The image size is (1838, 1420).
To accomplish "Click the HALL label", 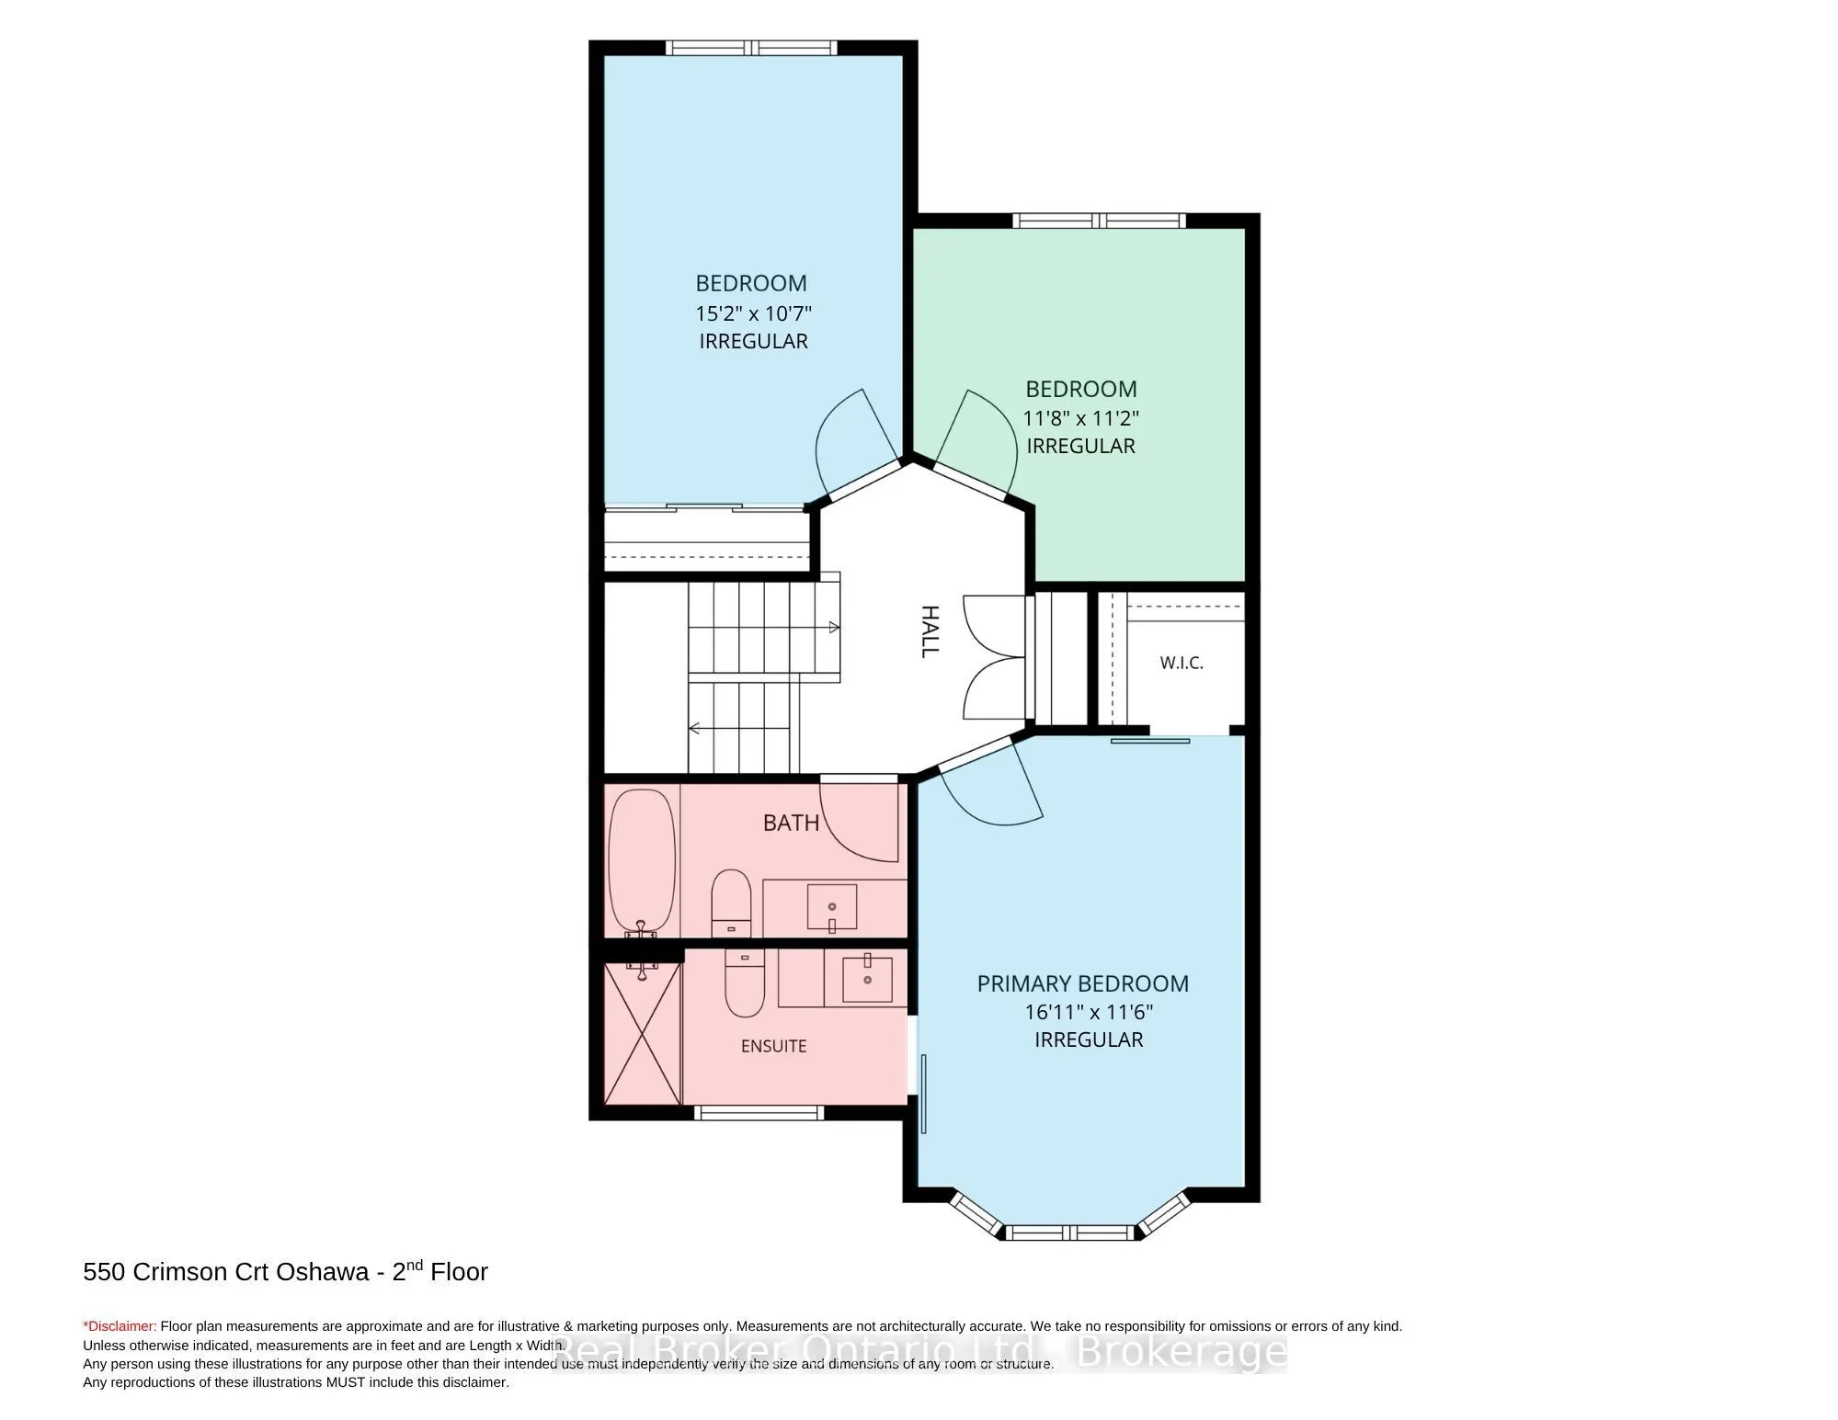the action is [930, 631].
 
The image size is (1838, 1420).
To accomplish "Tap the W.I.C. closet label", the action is [1182, 663].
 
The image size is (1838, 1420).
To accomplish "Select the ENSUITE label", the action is [774, 1046].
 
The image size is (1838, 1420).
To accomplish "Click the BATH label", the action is [791, 822].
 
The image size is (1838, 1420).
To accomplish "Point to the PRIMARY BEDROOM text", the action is [1083, 983].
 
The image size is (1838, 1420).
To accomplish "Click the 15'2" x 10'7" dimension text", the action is [753, 312].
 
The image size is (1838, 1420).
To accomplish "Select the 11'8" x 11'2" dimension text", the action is [1081, 418].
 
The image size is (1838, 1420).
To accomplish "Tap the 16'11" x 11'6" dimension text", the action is [1090, 1012].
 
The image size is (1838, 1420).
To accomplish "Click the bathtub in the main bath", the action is [642, 862].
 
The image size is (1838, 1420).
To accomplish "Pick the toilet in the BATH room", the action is [732, 901].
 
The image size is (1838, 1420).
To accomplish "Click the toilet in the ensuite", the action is [745, 983].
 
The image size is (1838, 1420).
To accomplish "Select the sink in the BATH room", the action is [832, 908].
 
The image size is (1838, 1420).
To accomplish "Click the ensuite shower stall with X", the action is [643, 1033].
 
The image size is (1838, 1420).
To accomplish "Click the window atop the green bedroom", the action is [1100, 221].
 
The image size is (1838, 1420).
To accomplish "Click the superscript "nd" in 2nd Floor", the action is [416, 1265].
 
